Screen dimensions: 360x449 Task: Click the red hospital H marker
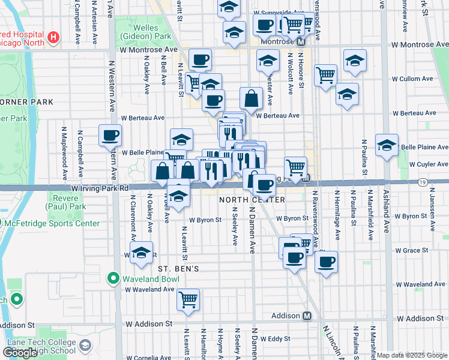(54, 38)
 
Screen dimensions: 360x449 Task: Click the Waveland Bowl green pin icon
(113, 278)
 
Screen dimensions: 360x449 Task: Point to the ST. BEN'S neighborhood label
(178, 269)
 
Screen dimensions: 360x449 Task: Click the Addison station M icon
(307, 316)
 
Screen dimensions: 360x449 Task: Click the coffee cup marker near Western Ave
(110, 136)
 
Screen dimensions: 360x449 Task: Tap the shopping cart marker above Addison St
(188, 299)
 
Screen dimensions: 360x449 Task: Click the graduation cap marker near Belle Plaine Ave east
(387, 145)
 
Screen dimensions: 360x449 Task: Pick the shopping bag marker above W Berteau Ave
(251, 98)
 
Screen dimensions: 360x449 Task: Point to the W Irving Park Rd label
(100, 188)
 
